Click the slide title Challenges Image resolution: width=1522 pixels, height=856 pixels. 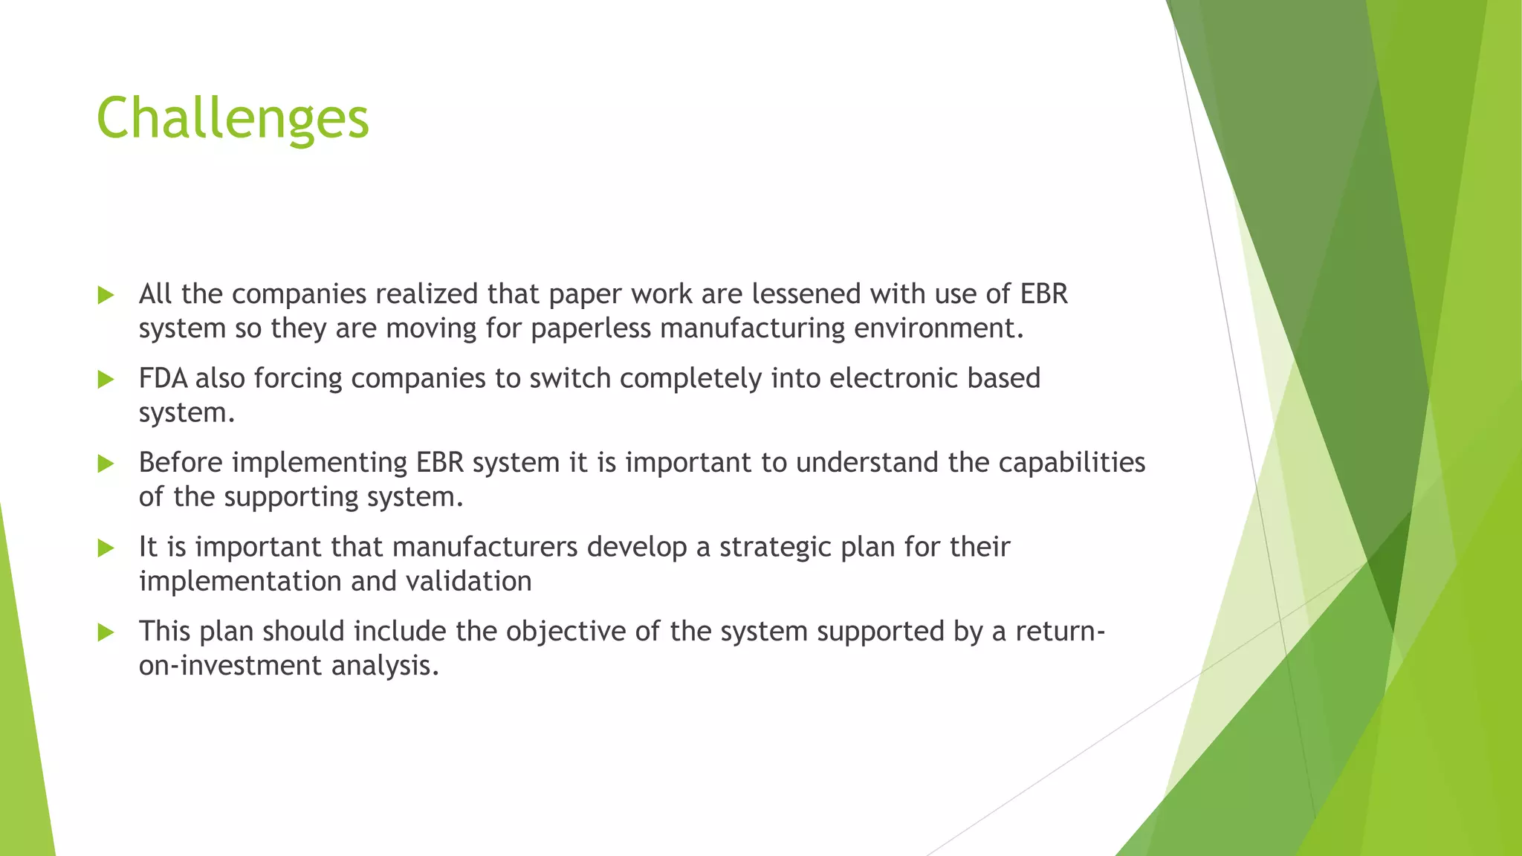233,119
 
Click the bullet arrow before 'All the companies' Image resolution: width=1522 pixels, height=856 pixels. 106,295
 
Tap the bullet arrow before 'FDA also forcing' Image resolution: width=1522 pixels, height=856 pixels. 106,380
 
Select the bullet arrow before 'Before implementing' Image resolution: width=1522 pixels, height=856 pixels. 106,464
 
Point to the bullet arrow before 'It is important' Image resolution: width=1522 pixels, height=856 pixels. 106,548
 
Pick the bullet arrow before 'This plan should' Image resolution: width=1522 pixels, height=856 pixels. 106,632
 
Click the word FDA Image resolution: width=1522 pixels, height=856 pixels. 163,378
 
